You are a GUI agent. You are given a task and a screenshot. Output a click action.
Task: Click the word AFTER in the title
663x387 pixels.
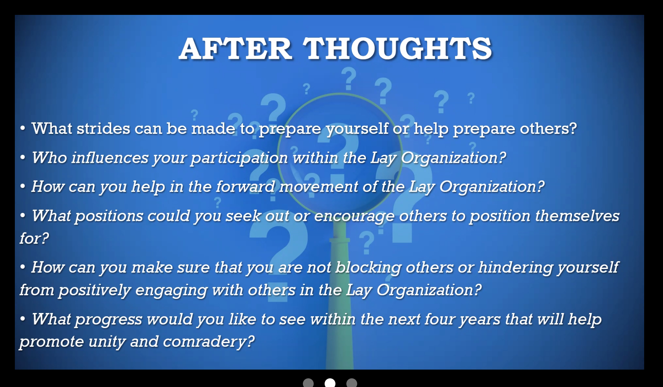(x=235, y=49)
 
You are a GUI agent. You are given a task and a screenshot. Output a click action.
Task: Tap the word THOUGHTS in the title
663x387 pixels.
(x=397, y=49)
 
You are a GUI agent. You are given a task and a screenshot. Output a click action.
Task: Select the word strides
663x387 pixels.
(x=103, y=128)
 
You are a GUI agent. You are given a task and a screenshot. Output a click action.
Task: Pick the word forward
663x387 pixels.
(x=245, y=187)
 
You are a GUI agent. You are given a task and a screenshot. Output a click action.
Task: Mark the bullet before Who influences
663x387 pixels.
(x=23, y=157)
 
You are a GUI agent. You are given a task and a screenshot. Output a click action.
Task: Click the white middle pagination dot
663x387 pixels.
(x=330, y=383)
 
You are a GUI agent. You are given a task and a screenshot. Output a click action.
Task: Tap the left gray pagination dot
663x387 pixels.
(x=308, y=383)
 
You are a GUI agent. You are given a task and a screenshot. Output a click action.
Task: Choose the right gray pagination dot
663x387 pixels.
(x=352, y=383)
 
